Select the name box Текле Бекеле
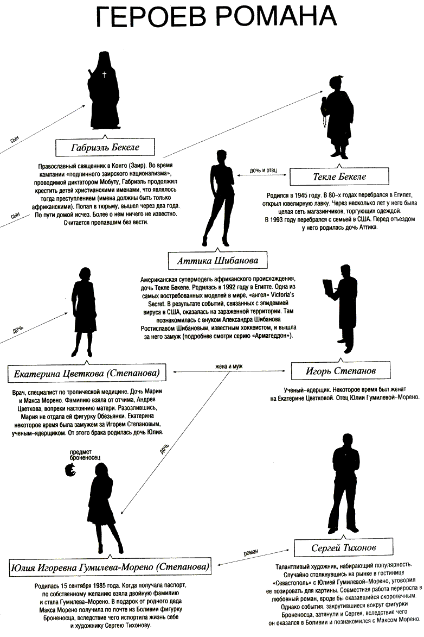point(339,176)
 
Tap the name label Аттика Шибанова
point(217,261)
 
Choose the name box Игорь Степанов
point(341,371)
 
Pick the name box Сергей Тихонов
point(344,547)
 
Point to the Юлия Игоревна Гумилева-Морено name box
point(110,567)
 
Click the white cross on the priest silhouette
point(104,74)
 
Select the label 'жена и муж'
point(228,366)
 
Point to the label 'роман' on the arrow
point(250,552)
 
